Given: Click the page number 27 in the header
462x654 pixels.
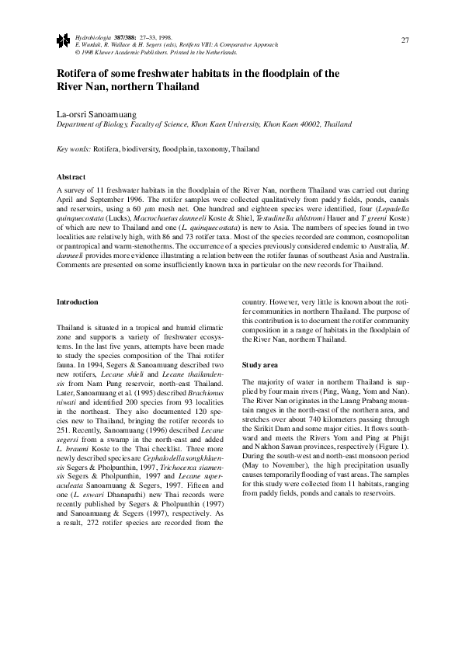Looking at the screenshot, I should pyautogui.click(x=405, y=40).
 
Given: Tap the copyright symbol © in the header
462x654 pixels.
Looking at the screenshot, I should pyautogui.click(x=77, y=52).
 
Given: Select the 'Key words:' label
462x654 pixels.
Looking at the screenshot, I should pyautogui.click(x=75, y=148).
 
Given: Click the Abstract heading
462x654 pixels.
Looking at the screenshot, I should pyautogui.click(x=71, y=177).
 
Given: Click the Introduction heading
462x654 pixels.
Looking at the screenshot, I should pyautogui.click(x=78, y=301).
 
